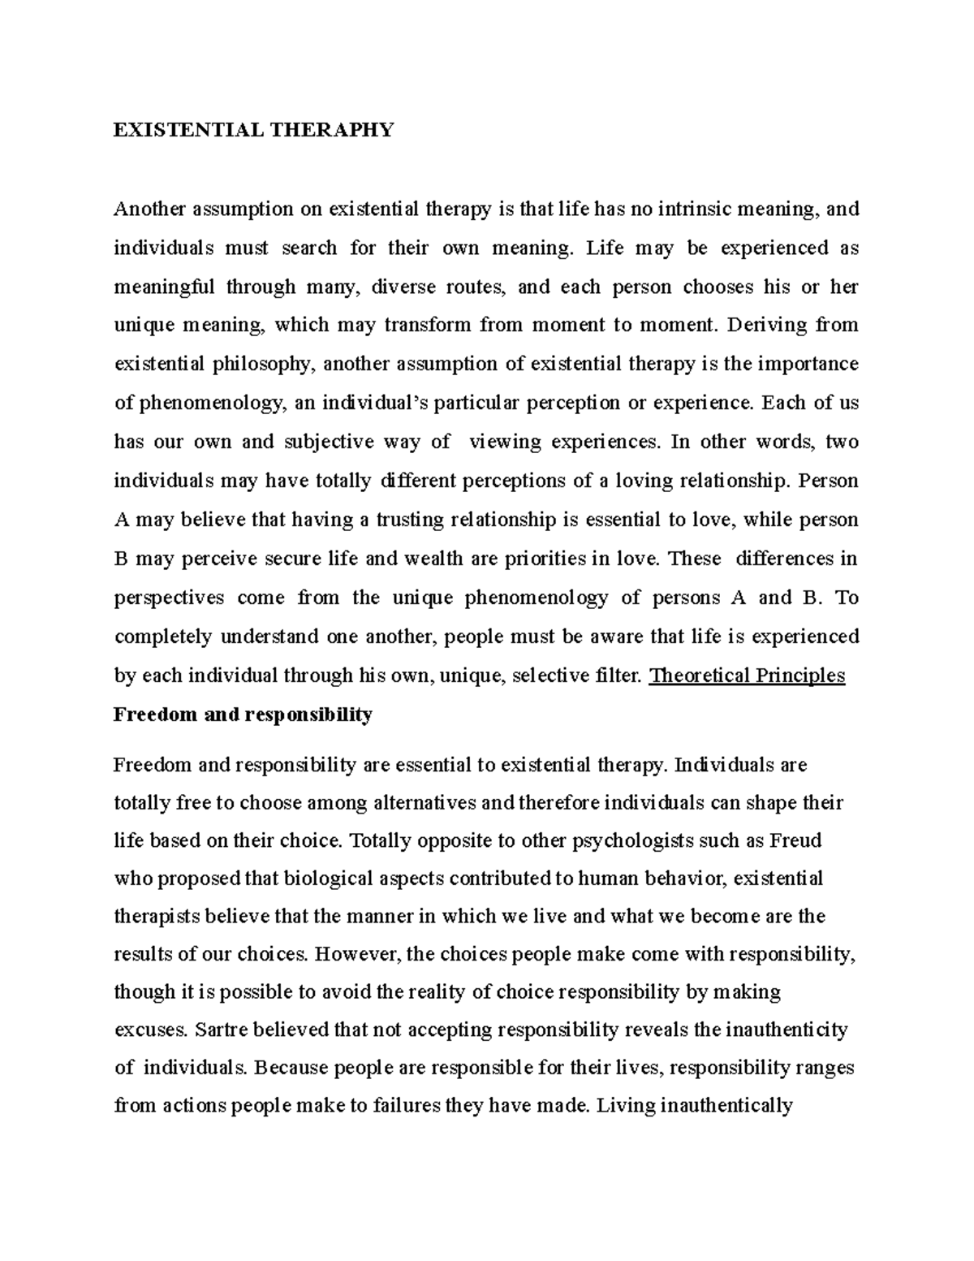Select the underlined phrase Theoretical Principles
click(748, 676)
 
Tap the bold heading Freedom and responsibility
click(243, 715)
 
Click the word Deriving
click(768, 325)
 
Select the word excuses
click(149, 1030)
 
